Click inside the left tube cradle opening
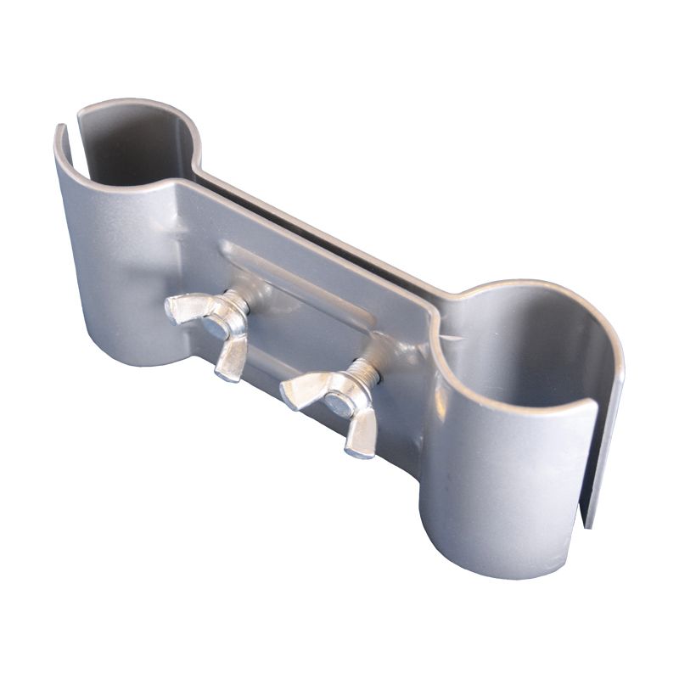(x=136, y=149)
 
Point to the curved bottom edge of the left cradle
(x=127, y=361)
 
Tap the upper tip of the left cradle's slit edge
(x=61, y=129)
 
